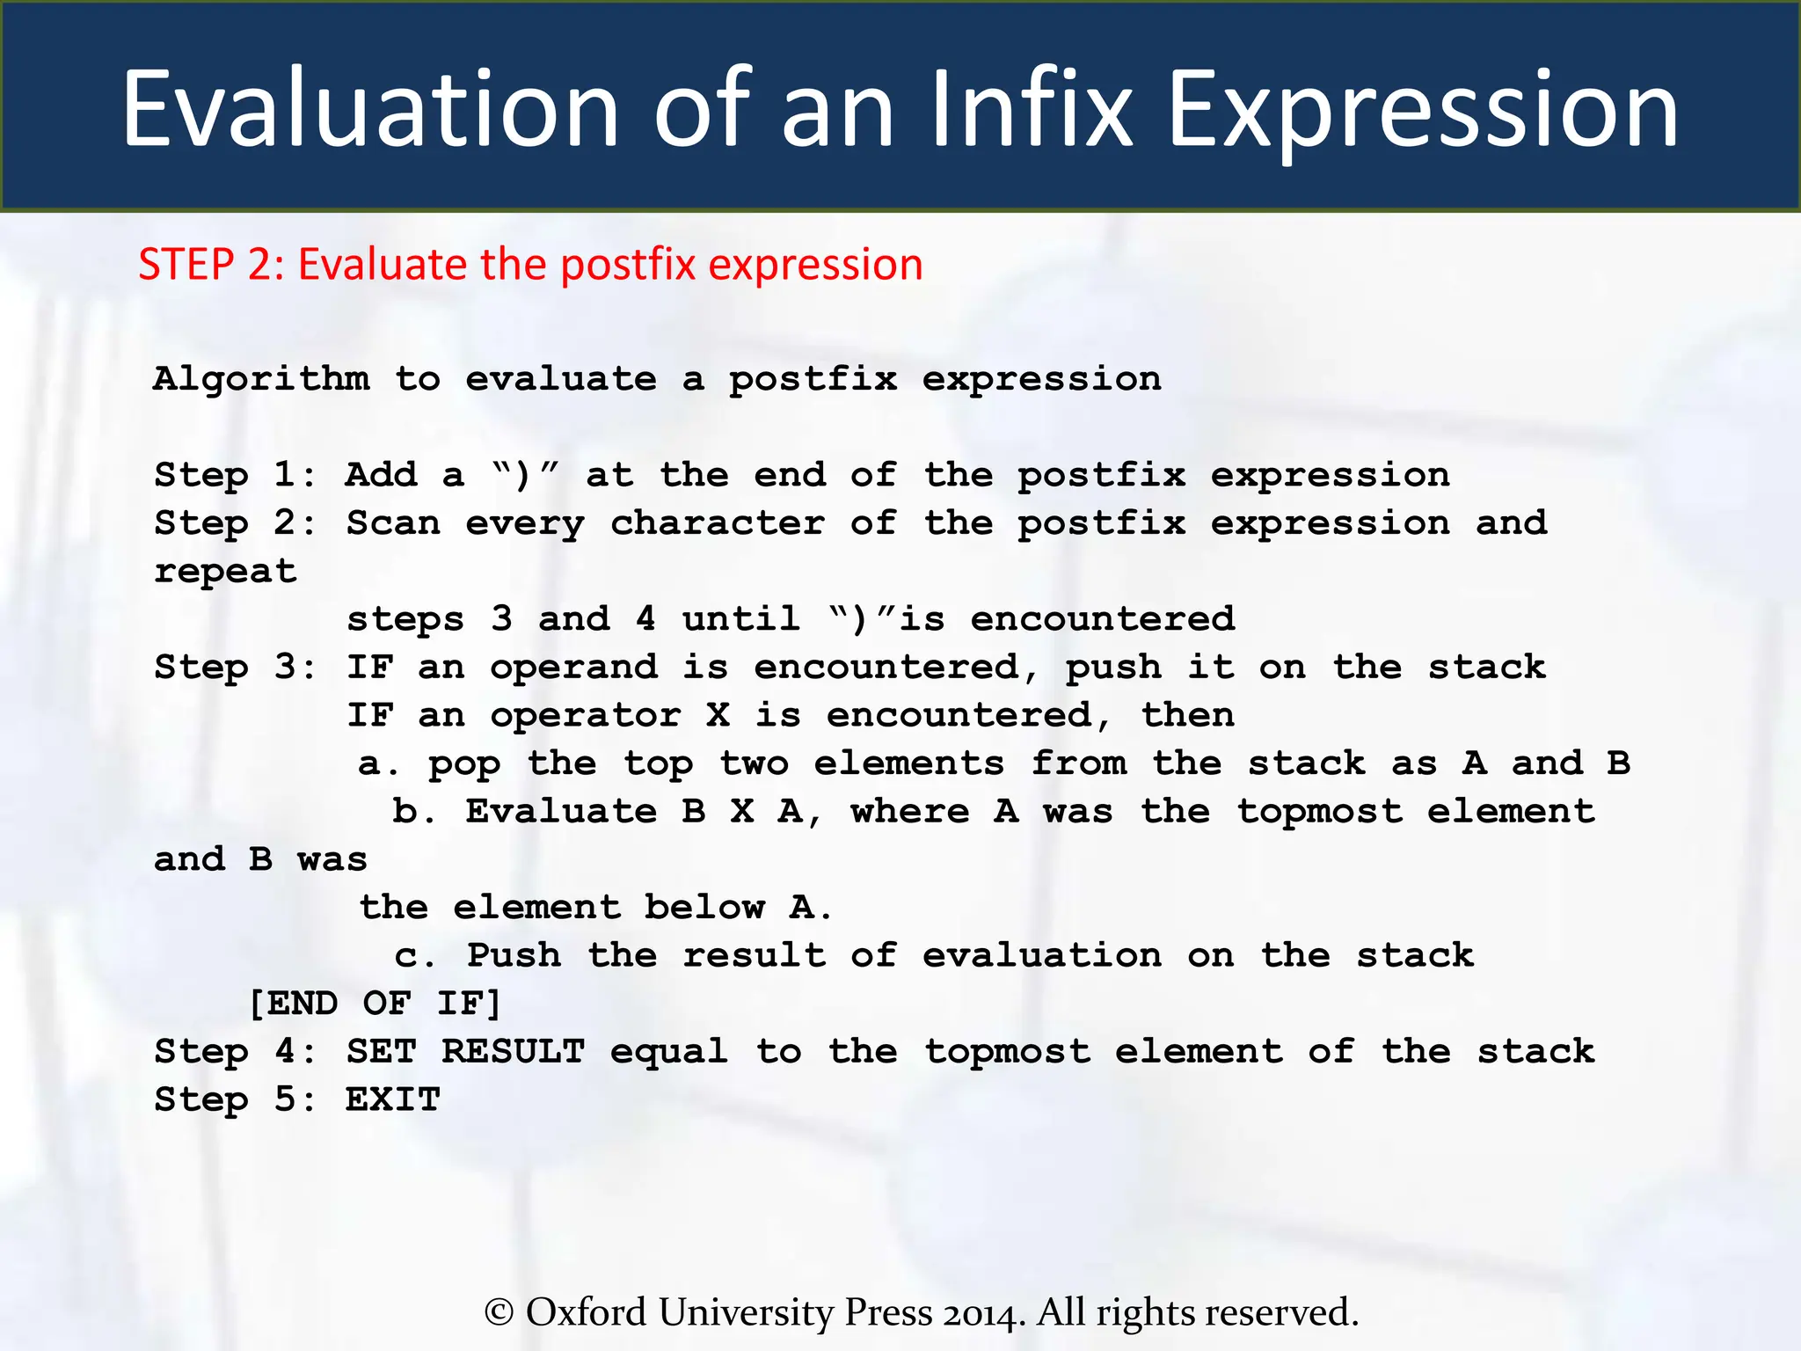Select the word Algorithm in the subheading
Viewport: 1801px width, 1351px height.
tap(261, 380)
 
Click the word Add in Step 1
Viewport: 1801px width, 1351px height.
tap(381, 475)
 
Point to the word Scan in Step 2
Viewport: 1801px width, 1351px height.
tap(393, 523)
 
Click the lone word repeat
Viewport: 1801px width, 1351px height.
tap(225, 572)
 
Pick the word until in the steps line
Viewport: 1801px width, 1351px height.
tap(740, 619)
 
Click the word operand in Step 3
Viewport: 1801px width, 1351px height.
tap(573, 668)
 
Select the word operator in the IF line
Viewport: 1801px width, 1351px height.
tap(585, 715)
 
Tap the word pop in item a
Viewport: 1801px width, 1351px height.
tap(464, 763)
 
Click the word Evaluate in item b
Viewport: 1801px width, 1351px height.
tap(560, 811)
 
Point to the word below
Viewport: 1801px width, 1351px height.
tap(704, 907)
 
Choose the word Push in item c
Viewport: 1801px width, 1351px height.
tap(514, 955)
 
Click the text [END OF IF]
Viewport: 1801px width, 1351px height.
tap(375, 1004)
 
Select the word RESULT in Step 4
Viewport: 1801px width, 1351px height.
tap(513, 1051)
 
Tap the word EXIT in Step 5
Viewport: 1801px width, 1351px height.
tap(392, 1099)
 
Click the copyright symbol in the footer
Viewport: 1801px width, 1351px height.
tap(499, 1312)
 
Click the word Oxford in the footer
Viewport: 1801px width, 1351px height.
tap(586, 1312)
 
